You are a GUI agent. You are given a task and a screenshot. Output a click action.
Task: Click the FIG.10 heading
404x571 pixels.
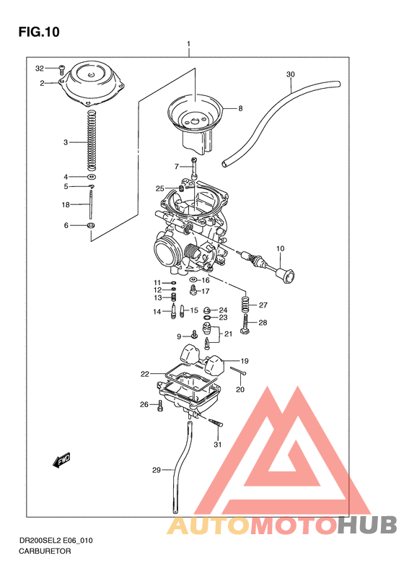click(x=38, y=32)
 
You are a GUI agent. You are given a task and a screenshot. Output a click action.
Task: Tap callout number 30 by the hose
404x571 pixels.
click(x=290, y=74)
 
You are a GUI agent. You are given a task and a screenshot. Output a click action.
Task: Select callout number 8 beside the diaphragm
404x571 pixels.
click(x=240, y=109)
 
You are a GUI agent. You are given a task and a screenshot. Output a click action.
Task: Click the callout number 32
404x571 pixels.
click(x=40, y=69)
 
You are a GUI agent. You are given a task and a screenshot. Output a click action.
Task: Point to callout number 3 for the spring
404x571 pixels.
click(x=65, y=142)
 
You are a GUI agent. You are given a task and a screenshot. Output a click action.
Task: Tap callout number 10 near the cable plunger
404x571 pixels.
click(x=280, y=249)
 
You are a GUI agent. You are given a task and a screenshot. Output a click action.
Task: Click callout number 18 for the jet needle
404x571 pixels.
click(x=66, y=205)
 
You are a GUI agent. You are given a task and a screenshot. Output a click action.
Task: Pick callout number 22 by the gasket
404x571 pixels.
click(x=145, y=374)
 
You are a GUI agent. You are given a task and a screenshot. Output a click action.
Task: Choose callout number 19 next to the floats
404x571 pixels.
click(x=244, y=360)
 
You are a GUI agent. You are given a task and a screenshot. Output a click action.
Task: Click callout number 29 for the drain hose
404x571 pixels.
click(x=155, y=470)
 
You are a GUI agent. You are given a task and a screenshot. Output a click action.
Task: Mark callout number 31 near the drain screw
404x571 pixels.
click(x=217, y=445)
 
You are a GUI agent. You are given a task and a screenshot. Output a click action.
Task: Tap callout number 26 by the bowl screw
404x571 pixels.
click(x=144, y=404)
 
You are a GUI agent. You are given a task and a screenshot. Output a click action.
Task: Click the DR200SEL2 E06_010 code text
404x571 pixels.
click(x=56, y=539)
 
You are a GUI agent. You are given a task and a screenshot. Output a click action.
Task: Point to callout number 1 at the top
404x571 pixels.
click(x=188, y=44)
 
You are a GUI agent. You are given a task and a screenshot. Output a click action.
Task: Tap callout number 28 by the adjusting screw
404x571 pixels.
click(x=263, y=323)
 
